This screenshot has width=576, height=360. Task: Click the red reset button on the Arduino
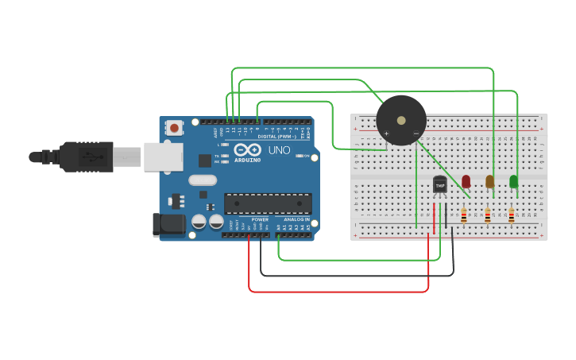point(174,127)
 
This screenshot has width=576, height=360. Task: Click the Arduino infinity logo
point(247,150)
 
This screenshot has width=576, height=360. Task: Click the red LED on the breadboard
point(466,181)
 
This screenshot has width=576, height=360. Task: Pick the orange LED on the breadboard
point(490,181)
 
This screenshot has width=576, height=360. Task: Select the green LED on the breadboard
point(514,181)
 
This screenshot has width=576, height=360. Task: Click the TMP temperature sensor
point(440,184)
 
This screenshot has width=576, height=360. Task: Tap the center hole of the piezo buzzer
point(401,120)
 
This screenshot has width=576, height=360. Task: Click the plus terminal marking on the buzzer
point(387,133)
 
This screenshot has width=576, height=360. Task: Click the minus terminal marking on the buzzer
point(416,133)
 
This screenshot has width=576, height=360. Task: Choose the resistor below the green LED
point(511,215)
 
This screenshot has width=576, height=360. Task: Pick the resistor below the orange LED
point(487,215)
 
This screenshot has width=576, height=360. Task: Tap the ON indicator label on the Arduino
point(307,156)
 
